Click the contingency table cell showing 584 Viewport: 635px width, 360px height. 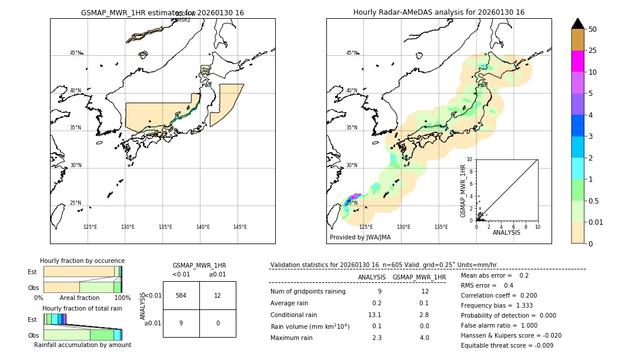[x=181, y=295]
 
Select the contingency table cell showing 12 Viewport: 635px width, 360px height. [x=218, y=295]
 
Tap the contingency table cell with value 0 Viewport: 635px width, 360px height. [x=218, y=323]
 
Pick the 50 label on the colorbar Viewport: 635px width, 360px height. [x=593, y=29]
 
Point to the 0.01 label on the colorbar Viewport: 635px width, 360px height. [x=596, y=222]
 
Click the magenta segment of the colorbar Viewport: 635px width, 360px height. [x=577, y=61]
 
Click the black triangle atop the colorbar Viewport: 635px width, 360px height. [x=577, y=24]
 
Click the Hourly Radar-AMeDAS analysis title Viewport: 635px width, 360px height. [x=439, y=12]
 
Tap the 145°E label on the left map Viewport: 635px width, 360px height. [x=240, y=227]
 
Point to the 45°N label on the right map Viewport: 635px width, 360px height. [x=352, y=53]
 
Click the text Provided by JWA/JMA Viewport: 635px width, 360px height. [x=360, y=237]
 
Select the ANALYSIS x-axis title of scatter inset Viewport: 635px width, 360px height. [x=506, y=232]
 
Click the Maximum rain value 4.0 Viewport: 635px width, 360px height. [x=424, y=338]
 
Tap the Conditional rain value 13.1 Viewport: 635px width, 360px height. [x=376, y=315]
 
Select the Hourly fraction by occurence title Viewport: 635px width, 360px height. [x=82, y=261]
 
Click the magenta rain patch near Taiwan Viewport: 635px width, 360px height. [x=355, y=196]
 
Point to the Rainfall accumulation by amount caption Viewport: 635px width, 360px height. [x=82, y=345]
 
